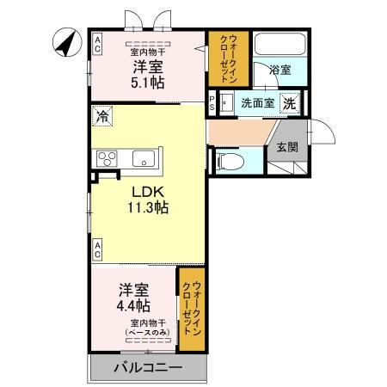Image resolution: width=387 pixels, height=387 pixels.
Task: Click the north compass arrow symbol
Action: [64, 40]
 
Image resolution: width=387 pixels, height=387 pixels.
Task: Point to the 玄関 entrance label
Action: [286, 147]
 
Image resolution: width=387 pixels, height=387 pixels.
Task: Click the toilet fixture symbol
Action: [230, 159]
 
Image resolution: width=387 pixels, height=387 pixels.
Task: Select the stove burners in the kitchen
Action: [108, 158]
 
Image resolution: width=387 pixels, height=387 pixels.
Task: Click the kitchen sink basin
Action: [143, 158]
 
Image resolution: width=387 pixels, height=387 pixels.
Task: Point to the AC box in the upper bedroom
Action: [97, 43]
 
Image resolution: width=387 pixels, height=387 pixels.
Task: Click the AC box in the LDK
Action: [97, 250]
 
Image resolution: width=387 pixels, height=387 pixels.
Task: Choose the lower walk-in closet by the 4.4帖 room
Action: [192, 310]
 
